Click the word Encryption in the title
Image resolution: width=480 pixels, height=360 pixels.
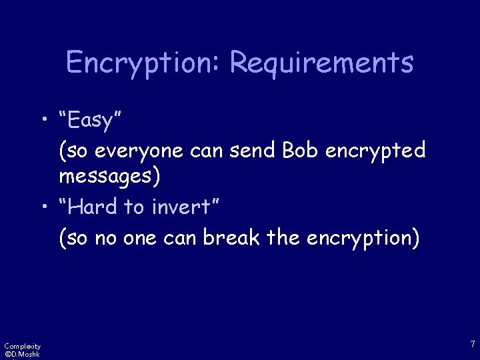[x=143, y=63]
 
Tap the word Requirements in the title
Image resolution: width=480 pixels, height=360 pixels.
[x=321, y=63]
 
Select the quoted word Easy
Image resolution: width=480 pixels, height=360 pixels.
[x=89, y=121]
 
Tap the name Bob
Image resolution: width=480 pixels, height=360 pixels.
[x=300, y=151]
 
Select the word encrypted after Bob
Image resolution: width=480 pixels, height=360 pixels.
[x=375, y=151]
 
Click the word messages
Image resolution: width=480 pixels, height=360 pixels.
[x=109, y=177]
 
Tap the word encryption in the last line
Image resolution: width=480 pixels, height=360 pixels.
[x=363, y=238]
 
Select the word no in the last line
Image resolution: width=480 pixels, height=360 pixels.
[x=105, y=238]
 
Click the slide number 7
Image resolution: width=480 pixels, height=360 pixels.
[x=472, y=344]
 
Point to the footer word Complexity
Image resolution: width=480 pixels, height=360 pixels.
[x=22, y=346]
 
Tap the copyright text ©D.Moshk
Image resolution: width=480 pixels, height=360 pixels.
[x=22, y=354]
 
